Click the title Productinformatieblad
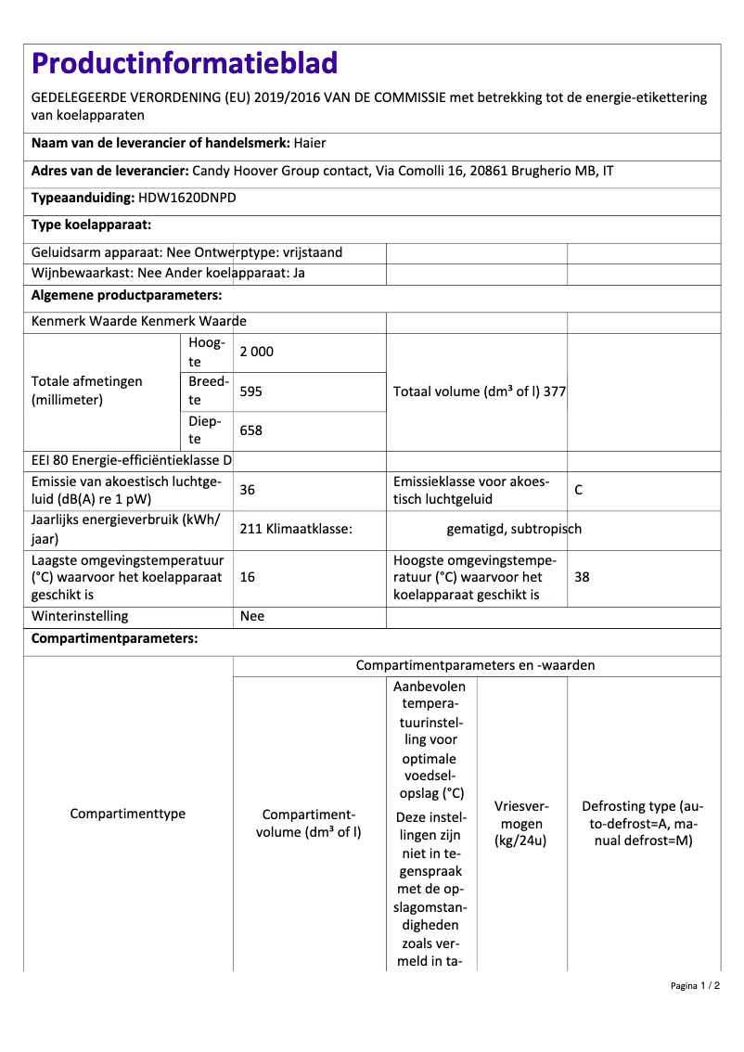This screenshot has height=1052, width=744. (x=185, y=63)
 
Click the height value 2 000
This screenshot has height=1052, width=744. (x=257, y=353)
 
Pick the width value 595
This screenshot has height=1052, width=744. (x=250, y=391)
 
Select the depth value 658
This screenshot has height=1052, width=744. (x=250, y=430)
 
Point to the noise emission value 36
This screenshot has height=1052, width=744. (x=248, y=490)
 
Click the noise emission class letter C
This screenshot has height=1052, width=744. (x=579, y=490)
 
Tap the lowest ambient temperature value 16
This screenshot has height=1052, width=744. (x=248, y=577)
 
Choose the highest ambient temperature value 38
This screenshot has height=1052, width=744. (x=582, y=577)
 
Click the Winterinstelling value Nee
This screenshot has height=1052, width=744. (x=252, y=616)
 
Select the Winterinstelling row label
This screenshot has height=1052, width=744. (x=80, y=616)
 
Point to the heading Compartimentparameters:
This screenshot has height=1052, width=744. (x=114, y=638)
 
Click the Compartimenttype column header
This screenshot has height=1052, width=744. (x=128, y=814)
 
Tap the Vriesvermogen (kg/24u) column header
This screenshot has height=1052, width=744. (x=521, y=824)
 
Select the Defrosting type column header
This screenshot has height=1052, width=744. (x=643, y=824)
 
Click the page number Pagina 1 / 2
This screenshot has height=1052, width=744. (x=695, y=985)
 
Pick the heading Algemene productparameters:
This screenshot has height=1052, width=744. (x=126, y=295)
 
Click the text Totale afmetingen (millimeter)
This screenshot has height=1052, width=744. (x=87, y=391)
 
